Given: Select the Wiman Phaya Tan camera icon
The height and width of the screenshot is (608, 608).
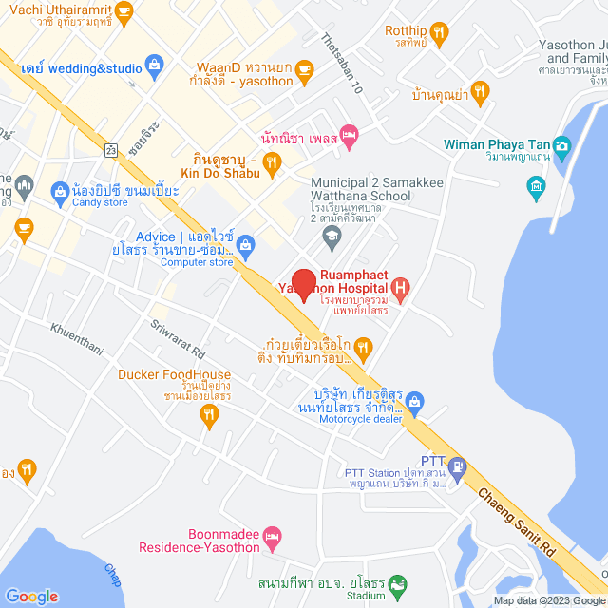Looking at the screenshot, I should coord(561,145).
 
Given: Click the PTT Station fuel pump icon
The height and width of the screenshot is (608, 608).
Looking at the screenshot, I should coord(458,466).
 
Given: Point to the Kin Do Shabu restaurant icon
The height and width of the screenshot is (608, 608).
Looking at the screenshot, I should coord(273,164).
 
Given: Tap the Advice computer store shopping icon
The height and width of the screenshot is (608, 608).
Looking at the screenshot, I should coord(245,244).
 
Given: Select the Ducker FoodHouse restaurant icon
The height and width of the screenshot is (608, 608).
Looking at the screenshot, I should coord(209,413).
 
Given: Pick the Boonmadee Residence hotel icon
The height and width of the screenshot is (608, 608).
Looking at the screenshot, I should coord(272,536).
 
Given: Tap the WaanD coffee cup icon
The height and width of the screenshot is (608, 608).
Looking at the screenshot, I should coord(303,68).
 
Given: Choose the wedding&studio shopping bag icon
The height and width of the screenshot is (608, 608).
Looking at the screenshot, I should coord(153,66).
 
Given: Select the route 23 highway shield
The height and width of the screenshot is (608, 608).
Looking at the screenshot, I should coord(111,150).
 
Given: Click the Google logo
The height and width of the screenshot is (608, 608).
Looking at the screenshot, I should coord(32,596).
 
